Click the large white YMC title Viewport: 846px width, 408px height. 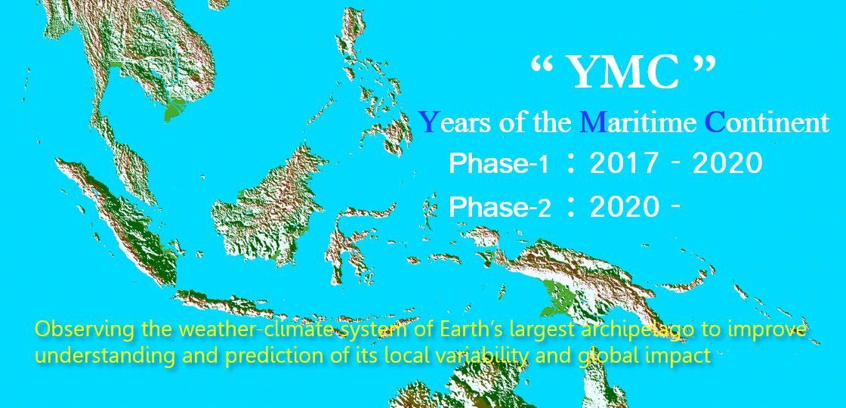622,73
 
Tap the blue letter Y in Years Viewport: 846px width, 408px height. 428,121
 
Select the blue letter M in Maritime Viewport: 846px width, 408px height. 593,121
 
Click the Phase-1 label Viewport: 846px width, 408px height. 499,164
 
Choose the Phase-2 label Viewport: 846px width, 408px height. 499,207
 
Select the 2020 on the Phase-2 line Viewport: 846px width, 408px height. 625,207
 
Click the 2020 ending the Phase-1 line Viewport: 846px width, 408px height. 727,164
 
